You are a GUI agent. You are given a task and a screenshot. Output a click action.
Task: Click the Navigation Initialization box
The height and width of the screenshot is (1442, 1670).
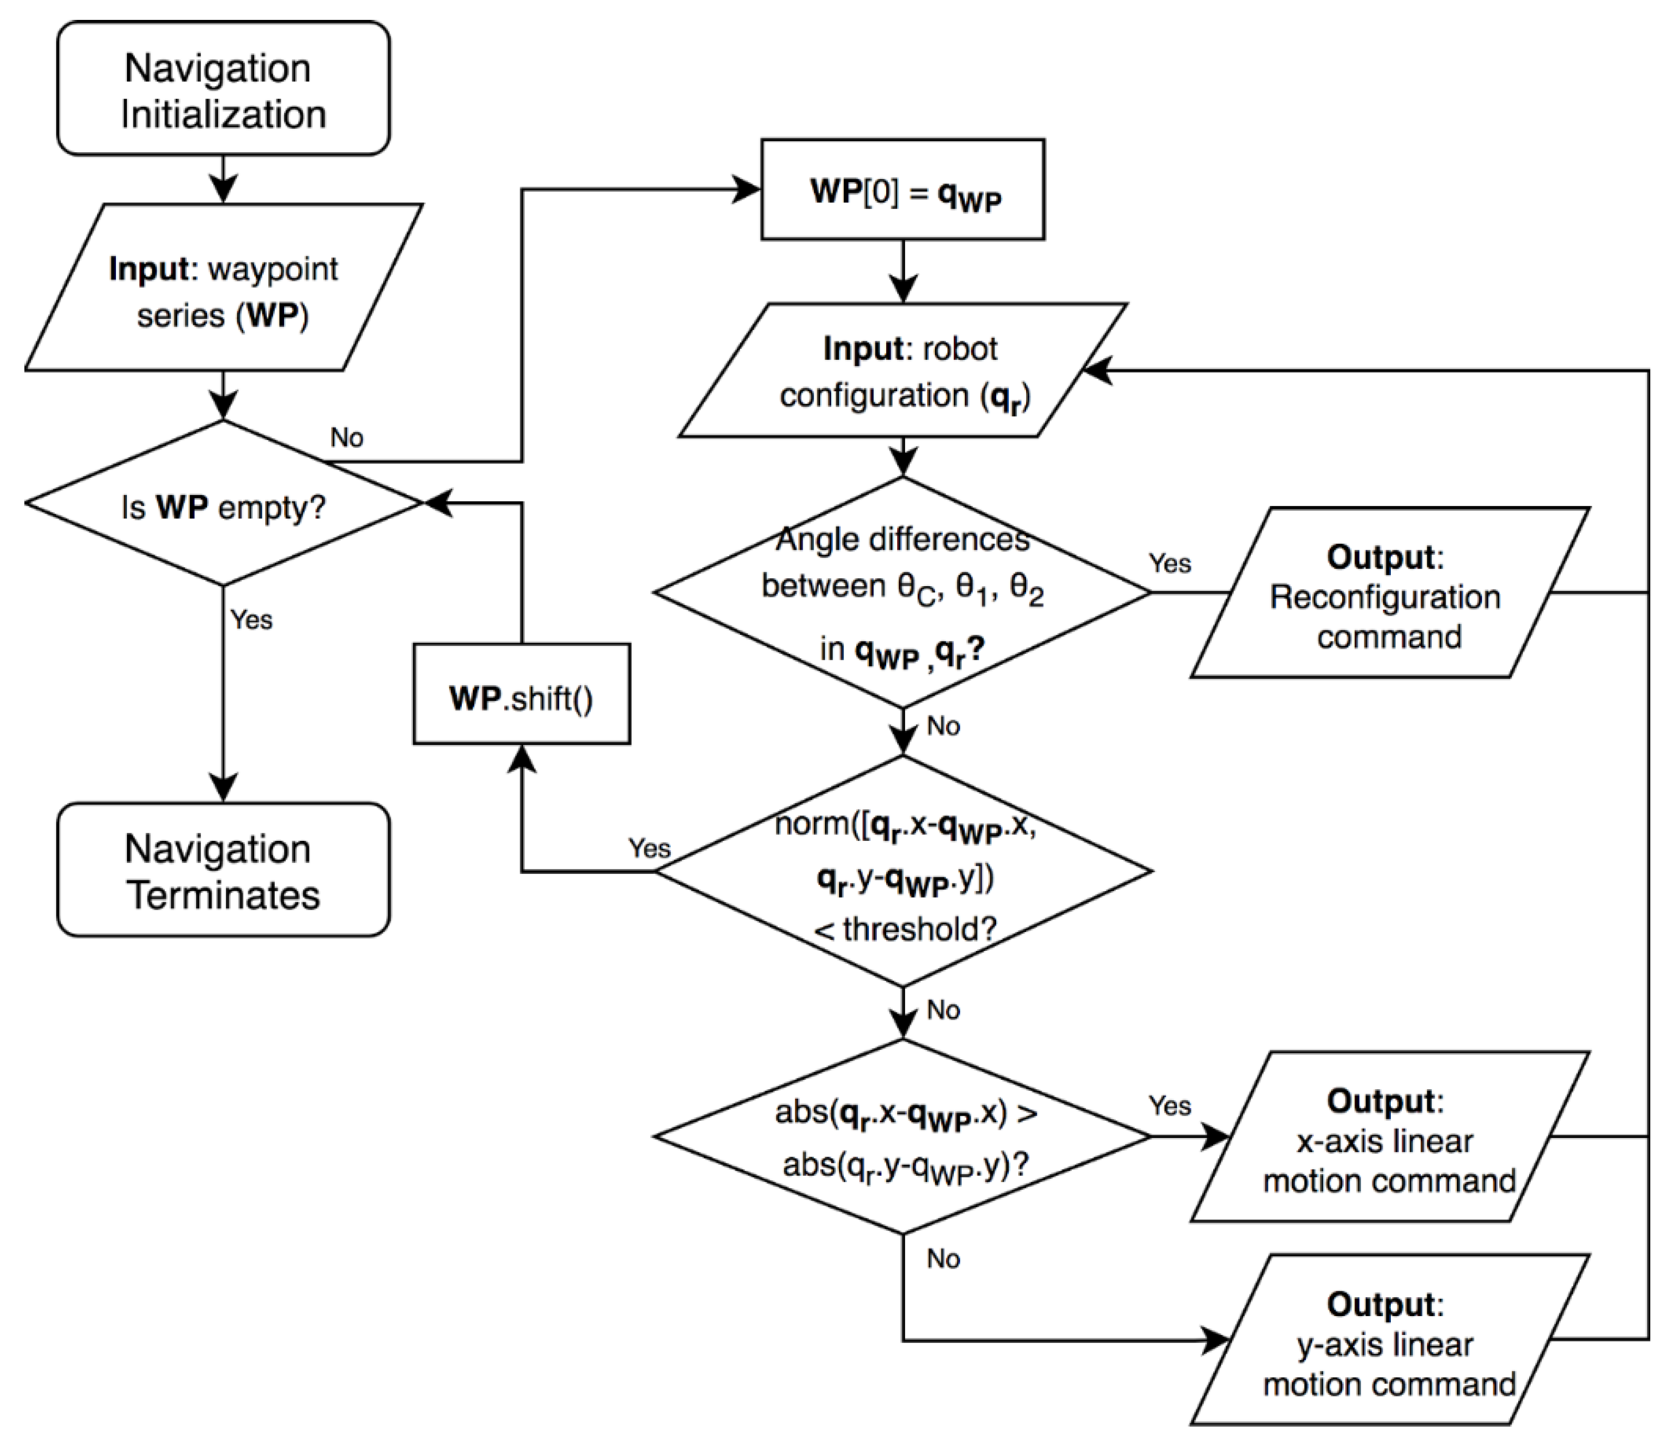coord(223,89)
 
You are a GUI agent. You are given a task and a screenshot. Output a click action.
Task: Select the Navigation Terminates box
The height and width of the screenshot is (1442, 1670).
coord(223,870)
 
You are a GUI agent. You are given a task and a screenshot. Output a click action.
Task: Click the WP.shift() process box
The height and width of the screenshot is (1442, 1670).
coord(522,694)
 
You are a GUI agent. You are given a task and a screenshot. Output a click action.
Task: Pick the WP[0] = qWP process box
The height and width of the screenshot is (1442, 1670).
coord(903,190)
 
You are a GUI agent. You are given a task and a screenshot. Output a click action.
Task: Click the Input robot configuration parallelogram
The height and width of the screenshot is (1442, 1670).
coord(903,371)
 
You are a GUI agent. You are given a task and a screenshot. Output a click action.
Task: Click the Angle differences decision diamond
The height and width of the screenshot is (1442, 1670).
coord(903,593)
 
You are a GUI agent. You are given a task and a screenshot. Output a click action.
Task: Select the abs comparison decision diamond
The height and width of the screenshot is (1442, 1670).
coord(903,1137)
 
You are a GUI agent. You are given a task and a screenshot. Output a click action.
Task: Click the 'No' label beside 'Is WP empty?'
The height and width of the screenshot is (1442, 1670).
coord(346,438)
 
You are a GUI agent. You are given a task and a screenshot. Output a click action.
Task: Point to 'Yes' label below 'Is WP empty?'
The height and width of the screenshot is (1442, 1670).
coord(251,620)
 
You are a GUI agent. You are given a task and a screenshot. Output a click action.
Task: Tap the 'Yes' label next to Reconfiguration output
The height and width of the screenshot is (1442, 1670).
coord(1169,563)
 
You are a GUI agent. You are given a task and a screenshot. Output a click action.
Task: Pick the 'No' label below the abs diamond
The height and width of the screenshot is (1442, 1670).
coord(943,1259)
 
